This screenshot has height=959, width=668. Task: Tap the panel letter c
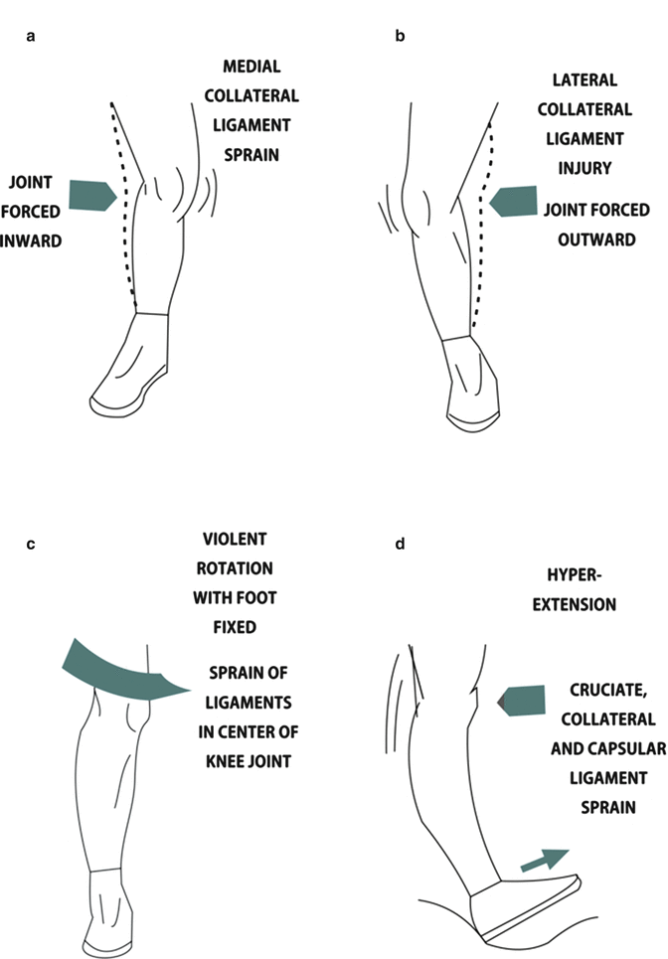31,543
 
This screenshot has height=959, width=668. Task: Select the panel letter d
400,543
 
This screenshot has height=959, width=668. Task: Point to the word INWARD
36,239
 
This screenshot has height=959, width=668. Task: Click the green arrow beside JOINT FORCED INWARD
92,195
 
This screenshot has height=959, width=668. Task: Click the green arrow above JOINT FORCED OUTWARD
515,200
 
